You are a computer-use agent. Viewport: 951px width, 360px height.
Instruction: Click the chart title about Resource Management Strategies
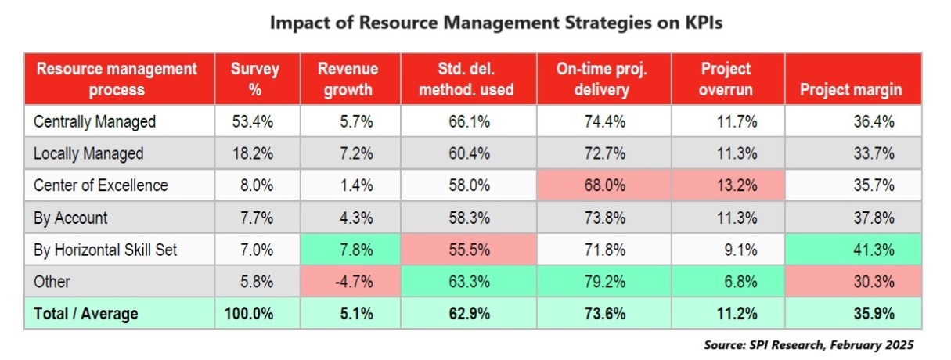click(x=495, y=23)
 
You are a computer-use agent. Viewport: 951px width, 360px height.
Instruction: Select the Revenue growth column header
click(x=348, y=79)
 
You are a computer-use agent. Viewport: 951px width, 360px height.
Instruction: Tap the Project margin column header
click(x=851, y=89)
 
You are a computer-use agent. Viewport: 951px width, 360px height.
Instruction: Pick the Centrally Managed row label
click(x=95, y=121)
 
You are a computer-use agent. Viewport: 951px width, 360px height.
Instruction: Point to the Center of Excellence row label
click(x=101, y=185)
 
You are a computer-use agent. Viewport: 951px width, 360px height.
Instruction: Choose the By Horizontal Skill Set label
click(x=106, y=250)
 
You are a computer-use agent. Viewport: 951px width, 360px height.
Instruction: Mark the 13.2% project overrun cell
click(x=727, y=185)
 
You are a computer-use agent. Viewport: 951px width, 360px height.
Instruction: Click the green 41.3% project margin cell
click(x=874, y=250)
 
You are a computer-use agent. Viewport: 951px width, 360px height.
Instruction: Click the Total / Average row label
click(x=86, y=314)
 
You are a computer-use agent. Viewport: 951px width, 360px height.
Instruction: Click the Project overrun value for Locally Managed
click(x=727, y=153)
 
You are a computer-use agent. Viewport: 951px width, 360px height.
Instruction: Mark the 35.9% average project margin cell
click(x=874, y=314)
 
